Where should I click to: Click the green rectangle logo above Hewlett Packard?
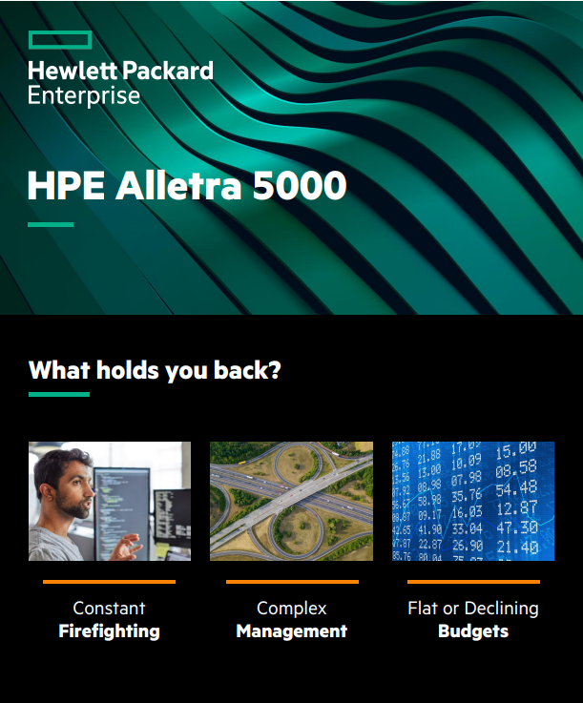pos(59,39)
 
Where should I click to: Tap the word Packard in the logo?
pos(164,71)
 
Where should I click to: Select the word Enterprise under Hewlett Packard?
pos(83,95)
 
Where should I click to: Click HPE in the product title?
pos(66,186)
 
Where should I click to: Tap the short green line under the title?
pos(51,224)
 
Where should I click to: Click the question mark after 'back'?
pos(275,370)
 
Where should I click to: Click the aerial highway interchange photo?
pos(291,501)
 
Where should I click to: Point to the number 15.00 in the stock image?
pos(515,449)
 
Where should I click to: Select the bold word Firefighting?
pos(109,631)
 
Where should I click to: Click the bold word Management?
pos(291,631)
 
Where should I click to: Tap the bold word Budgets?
pos(472,631)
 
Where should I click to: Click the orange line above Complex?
pos(291,581)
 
